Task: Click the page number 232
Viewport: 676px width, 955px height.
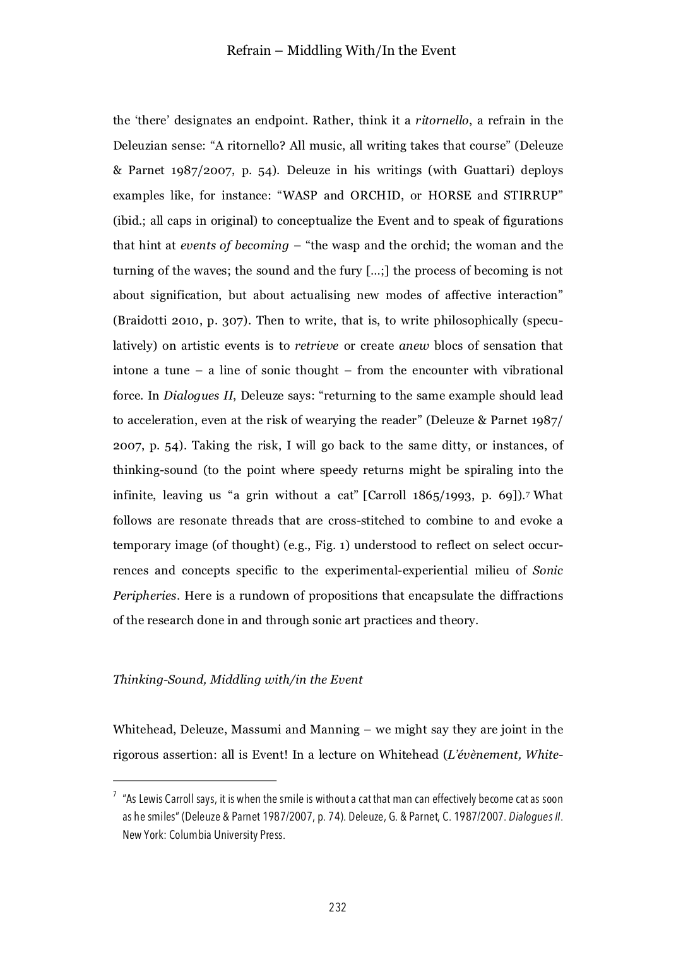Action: (x=338, y=908)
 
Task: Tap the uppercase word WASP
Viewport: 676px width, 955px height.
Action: (x=300, y=195)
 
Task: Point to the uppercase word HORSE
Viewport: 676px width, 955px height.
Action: (x=449, y=195)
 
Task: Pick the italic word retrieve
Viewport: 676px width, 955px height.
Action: (x=316, y=345)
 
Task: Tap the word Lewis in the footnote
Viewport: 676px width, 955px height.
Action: (x=151, y=799)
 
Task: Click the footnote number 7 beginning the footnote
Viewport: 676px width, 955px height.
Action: (x=115, y=795)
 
